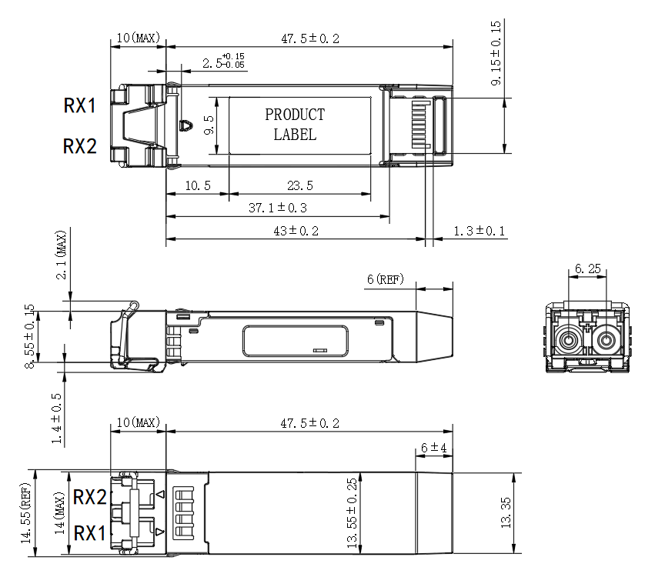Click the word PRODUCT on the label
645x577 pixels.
point(295,115)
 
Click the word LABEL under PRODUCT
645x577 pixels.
point(295,135)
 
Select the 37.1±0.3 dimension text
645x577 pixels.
point(278,208)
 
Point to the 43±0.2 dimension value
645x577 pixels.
point(296,231)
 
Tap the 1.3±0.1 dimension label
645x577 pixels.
point(480,231)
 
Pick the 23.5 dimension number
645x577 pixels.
point(300,185)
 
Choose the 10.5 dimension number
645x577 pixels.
point(198,185)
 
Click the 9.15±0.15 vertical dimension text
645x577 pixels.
point(496,53)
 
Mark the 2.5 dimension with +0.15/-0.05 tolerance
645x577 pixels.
point(223,61)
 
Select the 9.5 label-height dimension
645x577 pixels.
point(209,125)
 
